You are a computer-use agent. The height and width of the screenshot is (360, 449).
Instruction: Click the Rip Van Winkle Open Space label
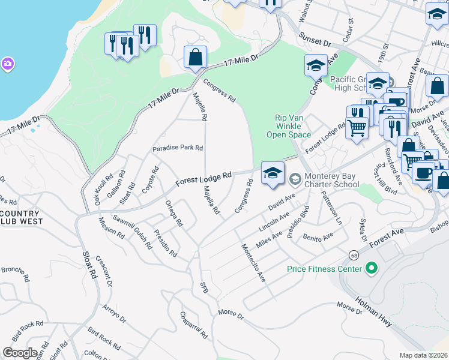pos(289,125)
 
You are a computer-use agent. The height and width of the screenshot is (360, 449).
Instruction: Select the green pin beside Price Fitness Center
pos(371,269)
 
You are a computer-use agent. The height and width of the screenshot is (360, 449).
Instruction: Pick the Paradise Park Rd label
pos(178,148)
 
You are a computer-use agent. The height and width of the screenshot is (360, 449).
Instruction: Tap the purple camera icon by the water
pos(7,63)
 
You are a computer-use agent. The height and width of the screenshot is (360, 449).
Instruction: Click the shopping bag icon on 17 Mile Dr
pos(196,58)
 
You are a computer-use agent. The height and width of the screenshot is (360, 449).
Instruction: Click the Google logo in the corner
pos(20,353)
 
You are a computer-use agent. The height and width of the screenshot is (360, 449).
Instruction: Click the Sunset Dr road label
pos(315,40)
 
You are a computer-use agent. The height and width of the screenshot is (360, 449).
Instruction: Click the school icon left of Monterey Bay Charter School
pos(273,174)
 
